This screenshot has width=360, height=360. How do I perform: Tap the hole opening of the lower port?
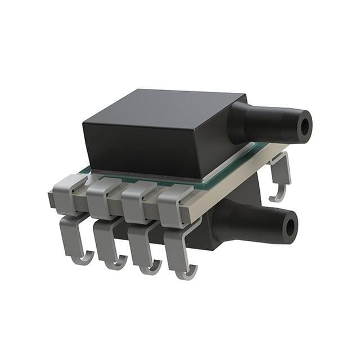click(290, 227)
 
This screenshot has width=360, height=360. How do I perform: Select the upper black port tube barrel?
click(276, 122)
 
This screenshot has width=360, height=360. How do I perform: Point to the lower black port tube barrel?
click(262, 220)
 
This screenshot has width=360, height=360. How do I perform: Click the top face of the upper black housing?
click(163, 110)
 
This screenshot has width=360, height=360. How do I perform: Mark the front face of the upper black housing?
click(141, 149)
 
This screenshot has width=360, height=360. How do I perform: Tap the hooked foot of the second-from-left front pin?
click(116, 262)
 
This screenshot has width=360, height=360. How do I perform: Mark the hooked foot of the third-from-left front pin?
click(150, 268)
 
